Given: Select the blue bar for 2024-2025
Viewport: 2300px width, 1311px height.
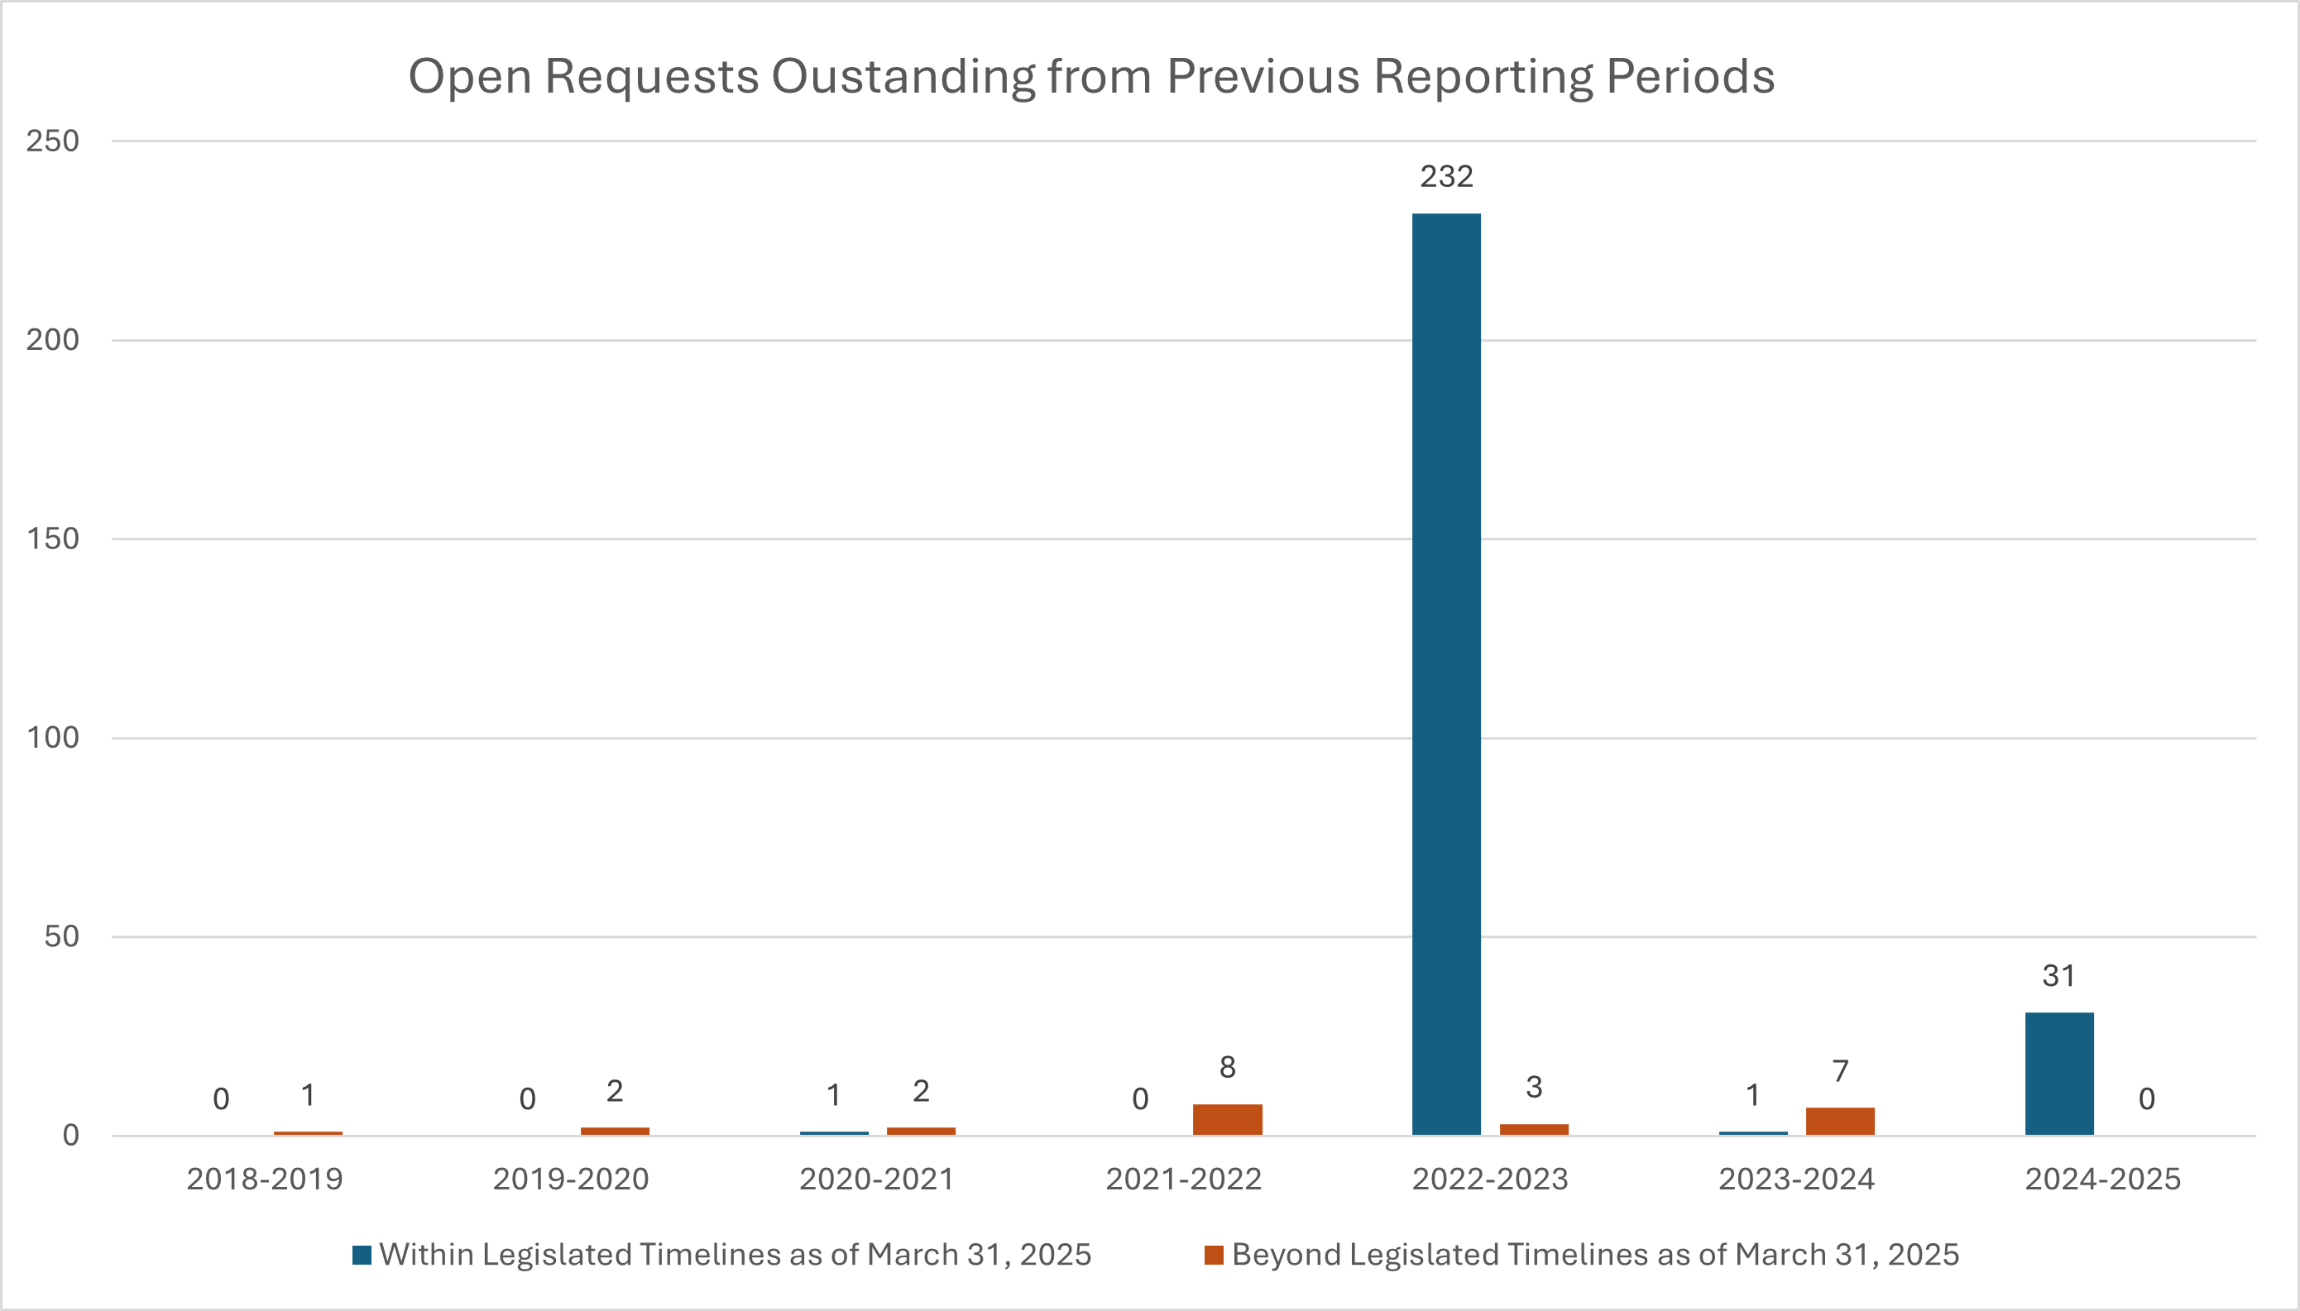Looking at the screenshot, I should pyautogui.click(x=2059, y=1074).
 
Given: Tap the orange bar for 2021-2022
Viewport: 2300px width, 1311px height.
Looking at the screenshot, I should pyautogui.click(x=1228, y=1119).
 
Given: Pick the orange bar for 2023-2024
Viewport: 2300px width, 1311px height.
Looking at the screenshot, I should pyautogui.click(x=1840, y=1121).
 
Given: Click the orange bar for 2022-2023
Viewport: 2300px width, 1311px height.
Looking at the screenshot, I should pyautogui.click(x=1534, y=1129).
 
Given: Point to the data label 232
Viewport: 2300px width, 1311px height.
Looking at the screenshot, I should pyautogui.click(x=1446, y=176).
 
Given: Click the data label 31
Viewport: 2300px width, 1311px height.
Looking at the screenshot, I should pyautogui.click(x=2058, y=976).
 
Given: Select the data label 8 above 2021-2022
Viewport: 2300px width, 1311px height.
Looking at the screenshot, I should pyautogui.click(x=1228, y=1068).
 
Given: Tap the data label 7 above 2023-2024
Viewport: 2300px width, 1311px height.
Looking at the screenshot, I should pyautogui.click(x=1840, y=1071).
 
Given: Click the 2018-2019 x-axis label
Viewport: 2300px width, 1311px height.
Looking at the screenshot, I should pyautogui.click(x=265, y=1179).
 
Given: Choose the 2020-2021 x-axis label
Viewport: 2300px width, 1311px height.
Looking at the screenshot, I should pyautogui.click(x=877, y=1179).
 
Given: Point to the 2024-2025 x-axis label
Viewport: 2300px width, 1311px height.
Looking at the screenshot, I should pyautogui.click(x=2103, y=1179).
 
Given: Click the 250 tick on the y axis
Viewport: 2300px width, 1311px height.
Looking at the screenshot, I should pyautogui.click(x=53, y=141).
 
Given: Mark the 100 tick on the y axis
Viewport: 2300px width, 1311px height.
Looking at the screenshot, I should pyautogui.click(x=53, y=739).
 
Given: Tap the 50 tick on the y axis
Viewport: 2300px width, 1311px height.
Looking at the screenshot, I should pyautogui.click(x=61, y=937).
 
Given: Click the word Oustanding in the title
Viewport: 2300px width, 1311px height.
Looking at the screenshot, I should pyautogui.click(x=903, y=77).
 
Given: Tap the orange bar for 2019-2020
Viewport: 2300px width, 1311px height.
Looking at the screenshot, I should pyautogui.click(x=615, y=1131).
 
